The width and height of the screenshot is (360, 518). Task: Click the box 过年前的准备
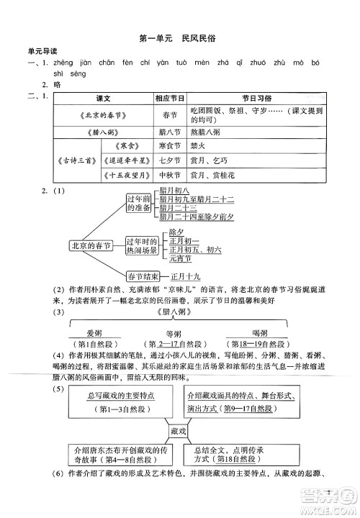coord(138,202)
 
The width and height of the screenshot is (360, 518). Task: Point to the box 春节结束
coord(143,296)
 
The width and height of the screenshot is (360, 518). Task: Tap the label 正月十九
coord(189,296)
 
